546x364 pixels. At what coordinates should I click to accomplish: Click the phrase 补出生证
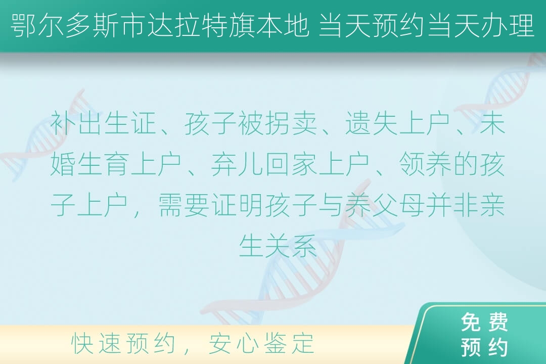103,123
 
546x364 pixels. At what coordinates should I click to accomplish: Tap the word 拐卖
291,123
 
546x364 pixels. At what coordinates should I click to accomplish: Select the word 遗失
371,123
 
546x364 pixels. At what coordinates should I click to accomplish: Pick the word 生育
103,164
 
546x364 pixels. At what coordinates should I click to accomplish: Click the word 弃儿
237,164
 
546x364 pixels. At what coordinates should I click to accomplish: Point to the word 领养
425,164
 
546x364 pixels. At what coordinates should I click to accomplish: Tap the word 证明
237,205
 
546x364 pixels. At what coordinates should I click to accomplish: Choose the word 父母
398,205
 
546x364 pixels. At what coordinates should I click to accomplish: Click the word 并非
451,205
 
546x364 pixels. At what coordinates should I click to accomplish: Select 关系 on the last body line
291,245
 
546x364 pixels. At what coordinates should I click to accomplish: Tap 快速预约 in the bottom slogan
123,343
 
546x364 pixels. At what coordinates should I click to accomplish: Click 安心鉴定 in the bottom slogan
261,343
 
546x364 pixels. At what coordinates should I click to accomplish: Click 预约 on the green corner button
484,347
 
